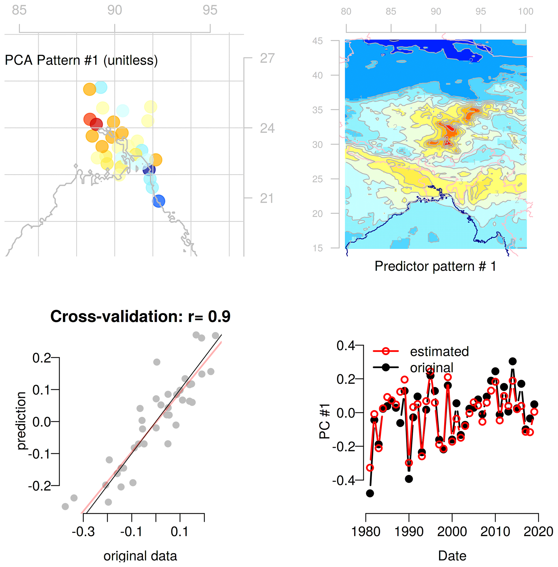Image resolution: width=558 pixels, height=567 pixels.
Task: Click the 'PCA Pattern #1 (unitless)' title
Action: click(81, 60)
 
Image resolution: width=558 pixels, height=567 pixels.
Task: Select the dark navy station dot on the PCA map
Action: click(149, 169)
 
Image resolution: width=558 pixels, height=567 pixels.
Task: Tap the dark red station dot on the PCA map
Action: click(96, 124)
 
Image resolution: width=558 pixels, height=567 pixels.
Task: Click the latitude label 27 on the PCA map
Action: click(267, 58)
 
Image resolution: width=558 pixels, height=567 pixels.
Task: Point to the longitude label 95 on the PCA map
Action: click(210, 10)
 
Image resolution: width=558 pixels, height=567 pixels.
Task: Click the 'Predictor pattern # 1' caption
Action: click(435, 266)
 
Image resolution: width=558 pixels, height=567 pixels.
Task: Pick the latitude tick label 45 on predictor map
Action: click(317, 41)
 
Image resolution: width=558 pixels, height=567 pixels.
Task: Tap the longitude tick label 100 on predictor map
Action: click(525, 11)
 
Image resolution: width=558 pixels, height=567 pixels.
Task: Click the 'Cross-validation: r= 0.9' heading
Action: click(140, 316)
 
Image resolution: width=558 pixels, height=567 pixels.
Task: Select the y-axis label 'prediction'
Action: click(21, 421)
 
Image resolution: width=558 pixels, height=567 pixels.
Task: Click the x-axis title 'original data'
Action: click(140, 556)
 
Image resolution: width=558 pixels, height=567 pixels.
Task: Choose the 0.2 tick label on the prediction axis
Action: click(42, 358)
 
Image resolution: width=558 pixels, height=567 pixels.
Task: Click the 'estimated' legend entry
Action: click(439, 351)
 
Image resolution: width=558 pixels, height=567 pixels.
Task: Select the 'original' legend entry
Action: click(431, 368)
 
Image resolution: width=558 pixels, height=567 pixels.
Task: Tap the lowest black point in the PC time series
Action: click(370, 493)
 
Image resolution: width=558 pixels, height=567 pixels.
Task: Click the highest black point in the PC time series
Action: click(512, 361)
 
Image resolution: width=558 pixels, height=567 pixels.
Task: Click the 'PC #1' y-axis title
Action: click(324, 421)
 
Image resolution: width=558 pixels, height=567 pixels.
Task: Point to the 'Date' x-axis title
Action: click(452, 556)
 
